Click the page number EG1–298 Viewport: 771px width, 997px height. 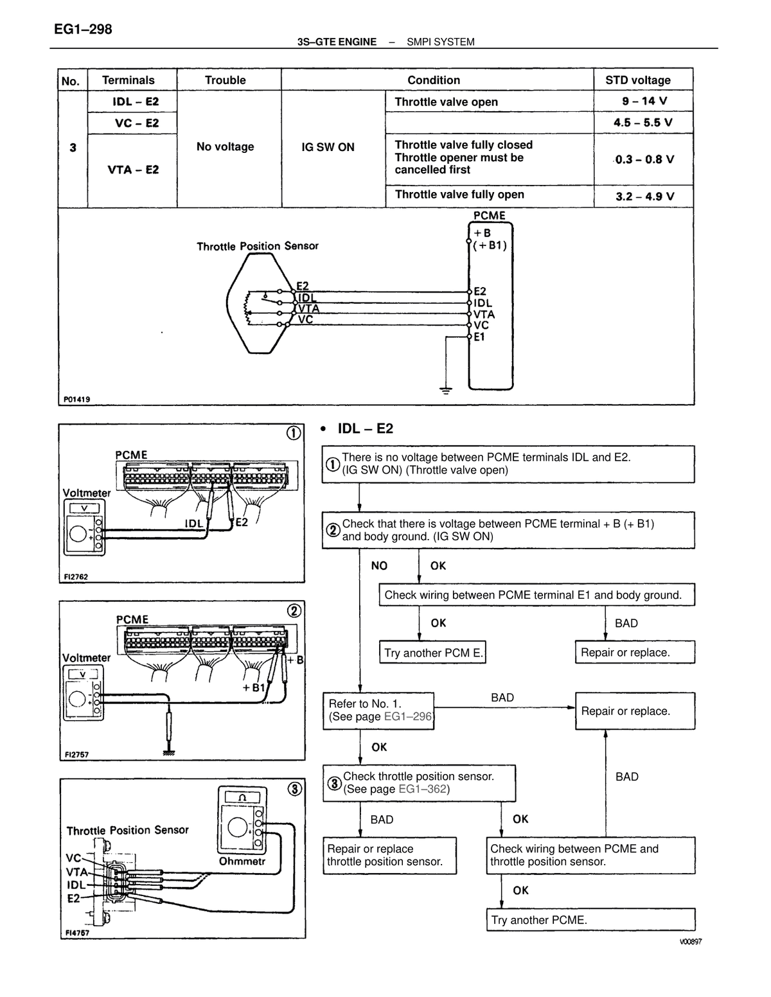[x=83, y=30]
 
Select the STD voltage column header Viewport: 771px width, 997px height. [x=637, y=80]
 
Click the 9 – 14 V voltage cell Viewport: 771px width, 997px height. [x=644, y=101]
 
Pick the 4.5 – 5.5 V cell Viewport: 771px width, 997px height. [x=644, y=123]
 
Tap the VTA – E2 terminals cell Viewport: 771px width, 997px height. [x=133, y=170]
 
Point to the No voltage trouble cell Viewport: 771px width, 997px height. [x=226, y=147]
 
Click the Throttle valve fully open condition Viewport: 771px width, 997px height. [x=459, y=195]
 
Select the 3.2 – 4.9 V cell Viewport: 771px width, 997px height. [x=644, y=197]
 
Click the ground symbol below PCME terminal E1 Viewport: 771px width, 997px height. [x=445, y=390]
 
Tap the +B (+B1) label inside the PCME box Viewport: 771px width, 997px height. [x=490, y=239]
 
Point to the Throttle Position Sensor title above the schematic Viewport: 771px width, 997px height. [x=257, y=247]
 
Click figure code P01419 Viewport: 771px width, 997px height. [x=76, y=399]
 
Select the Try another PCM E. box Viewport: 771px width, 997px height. [x=432, y=652]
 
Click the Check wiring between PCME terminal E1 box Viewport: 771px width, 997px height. [x=536, y=595]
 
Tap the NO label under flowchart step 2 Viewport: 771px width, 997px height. [x=379, y=566]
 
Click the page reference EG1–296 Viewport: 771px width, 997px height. [x=408, y=716]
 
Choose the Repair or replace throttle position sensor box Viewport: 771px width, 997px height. [x=389, y=855]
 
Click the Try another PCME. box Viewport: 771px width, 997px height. [x=590, y=919]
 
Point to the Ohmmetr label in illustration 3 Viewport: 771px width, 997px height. [x=242, y=861]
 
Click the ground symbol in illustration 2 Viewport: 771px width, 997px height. [x=169, y=753]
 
